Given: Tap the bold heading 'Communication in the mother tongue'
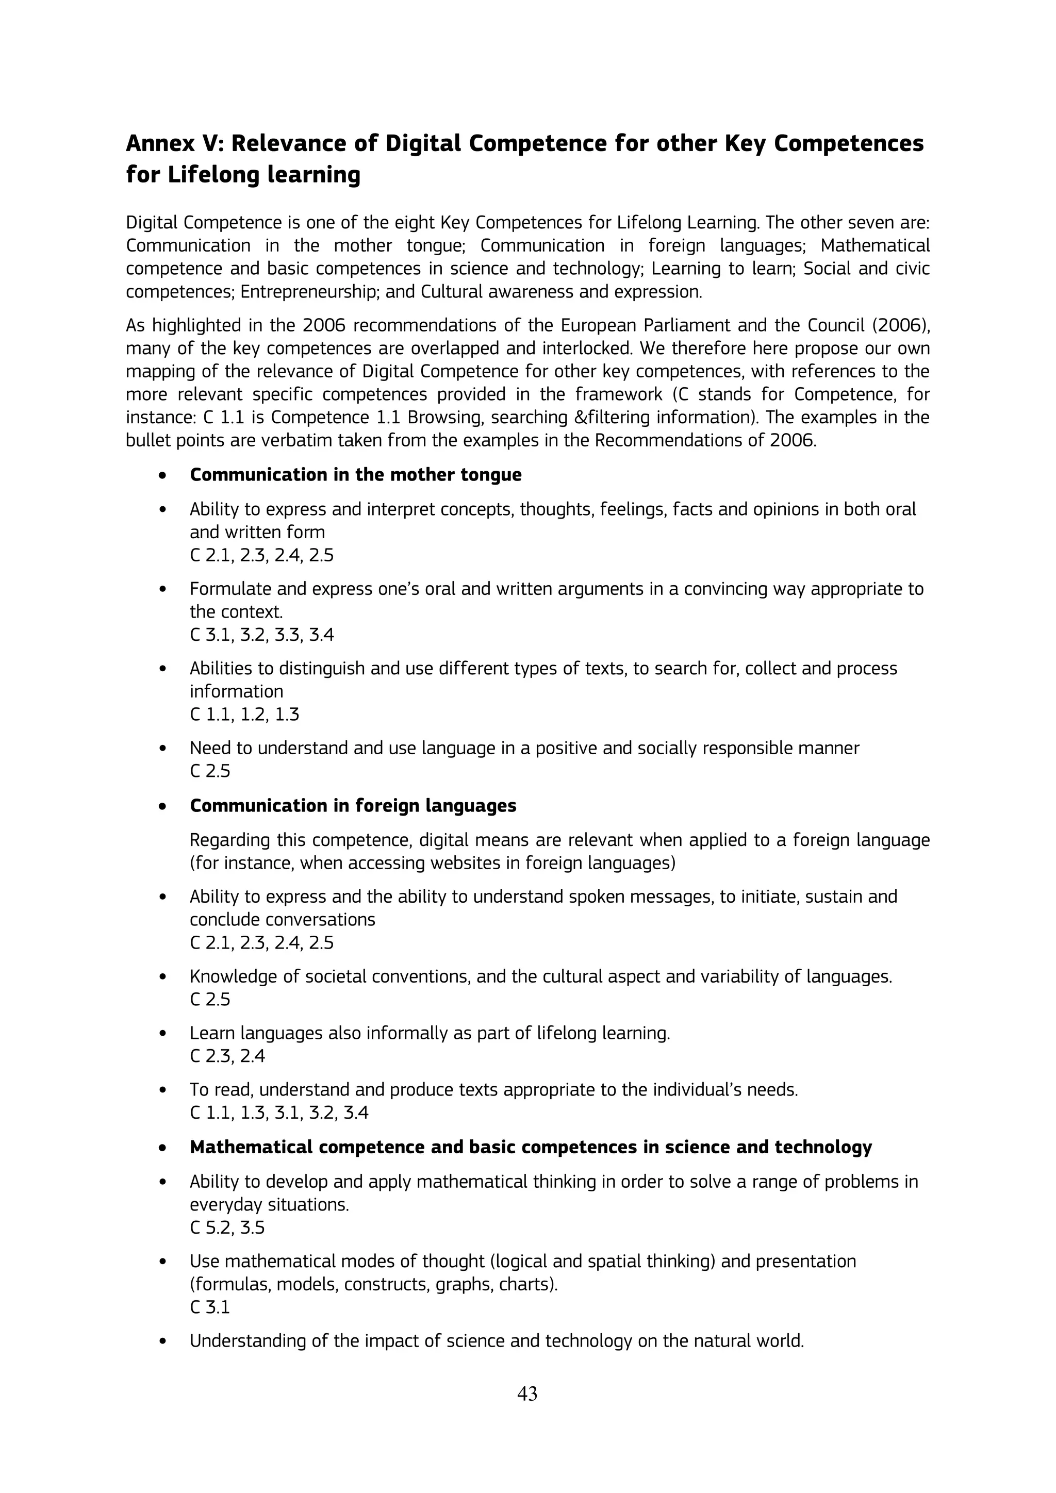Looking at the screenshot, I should pyautogui.click(x=355, y=475).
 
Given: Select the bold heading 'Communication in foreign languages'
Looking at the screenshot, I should pyautogui.click(x=353, y=806).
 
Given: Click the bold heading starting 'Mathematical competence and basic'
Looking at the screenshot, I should pyautogui.click(x=530, y=1147).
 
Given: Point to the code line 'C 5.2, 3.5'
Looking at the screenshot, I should pyautogui.click(x=227, y=1227).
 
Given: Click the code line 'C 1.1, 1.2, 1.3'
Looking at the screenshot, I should pyautogui.click(x=244, y=715).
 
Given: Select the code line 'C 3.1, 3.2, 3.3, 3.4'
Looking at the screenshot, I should pyautogui.click(x=261, y=635).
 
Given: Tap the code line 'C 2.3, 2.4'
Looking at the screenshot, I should pyautogui.click(x=227, y=1056).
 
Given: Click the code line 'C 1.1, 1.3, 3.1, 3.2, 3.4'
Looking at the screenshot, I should pyautogui.click(x=279, y=1113).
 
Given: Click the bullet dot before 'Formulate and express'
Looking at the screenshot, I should pyautogui.click(x=163, y=590).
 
